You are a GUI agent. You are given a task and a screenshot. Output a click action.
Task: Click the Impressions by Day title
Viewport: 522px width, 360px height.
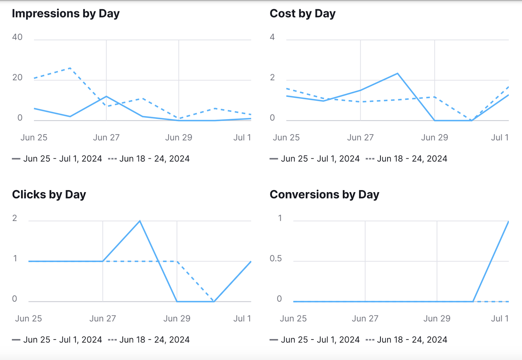click(x=66, y=14)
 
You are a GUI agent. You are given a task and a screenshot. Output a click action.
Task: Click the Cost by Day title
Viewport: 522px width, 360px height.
click(x=302, y=14)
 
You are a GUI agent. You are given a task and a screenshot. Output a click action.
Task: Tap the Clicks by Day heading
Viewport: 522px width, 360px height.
click(x=49, y=195)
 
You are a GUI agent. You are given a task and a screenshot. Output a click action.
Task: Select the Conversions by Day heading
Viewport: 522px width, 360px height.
click(x=324, y=195)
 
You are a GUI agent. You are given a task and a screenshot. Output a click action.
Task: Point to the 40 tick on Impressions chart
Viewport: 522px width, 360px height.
click(x=17, y=37)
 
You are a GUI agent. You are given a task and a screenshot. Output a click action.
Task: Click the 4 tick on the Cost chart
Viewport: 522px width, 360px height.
click(x=272, y=37)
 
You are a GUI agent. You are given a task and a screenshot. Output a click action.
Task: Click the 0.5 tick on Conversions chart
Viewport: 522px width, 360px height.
click(x=276, y=258)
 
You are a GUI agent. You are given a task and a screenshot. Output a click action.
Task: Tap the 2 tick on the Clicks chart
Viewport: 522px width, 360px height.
click(x=15, y=218)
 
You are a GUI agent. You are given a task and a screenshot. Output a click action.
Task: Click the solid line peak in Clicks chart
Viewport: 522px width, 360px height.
click(x=140, y=221)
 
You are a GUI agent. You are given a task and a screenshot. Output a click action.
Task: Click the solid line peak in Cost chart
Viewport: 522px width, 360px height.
click(x=397, y=73)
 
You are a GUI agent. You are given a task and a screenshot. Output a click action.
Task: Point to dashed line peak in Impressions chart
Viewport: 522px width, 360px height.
click(x=70, y=68)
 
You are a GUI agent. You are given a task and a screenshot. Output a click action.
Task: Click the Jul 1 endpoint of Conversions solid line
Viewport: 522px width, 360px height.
click(x=508, y=222)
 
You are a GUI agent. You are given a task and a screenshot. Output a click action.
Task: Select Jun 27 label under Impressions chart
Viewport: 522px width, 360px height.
click(x=106, y=137)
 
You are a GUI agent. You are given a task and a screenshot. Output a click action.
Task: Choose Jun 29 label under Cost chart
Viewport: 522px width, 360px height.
click(x=435, y=137)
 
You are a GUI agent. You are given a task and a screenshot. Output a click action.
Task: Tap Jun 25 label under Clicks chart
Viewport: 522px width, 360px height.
click(x=28, y=319)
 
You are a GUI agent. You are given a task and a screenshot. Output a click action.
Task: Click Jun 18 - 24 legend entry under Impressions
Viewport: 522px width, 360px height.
click(x=154, y=159)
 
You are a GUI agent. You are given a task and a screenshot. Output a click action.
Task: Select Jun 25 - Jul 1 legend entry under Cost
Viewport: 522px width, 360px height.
click(x=320, y=159)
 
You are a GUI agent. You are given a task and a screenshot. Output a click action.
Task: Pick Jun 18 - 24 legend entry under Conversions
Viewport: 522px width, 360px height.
click(x=412, y=340)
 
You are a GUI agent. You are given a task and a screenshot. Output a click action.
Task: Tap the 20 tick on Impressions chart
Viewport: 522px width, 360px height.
click(x=17, y=78)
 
